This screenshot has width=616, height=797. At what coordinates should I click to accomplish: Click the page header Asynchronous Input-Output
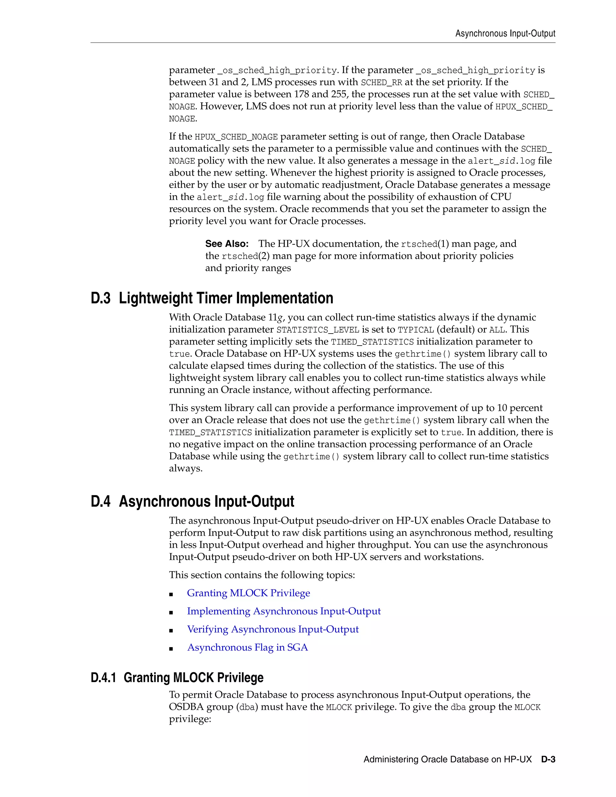click(x=505, y=34)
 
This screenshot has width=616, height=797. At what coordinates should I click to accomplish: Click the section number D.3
click(x=100, y=298)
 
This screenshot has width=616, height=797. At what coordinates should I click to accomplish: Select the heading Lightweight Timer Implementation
click(x=226, y=298)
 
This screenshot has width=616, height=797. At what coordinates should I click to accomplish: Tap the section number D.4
click(x=100, y=501)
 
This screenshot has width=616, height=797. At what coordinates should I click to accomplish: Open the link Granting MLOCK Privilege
click(x=248, y=593)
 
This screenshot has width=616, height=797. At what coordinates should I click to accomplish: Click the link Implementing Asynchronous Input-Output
click(x=284, y=611)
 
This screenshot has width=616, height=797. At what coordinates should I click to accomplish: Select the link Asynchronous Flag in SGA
click(x=248, y=648)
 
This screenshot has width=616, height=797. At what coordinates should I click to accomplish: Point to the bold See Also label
click(x=226, y=244)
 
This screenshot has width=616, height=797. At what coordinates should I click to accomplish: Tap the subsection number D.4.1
click(x=103, y=678)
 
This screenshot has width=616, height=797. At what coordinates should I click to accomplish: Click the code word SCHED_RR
click(x=381, y=82)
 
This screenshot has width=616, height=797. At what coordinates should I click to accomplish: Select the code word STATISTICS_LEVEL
click(x=318, y=330)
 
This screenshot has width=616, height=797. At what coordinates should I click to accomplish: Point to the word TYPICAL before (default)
click(x=416, y=330)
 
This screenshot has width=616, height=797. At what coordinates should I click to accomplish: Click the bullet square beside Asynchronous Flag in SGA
click(x=171, y=649)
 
